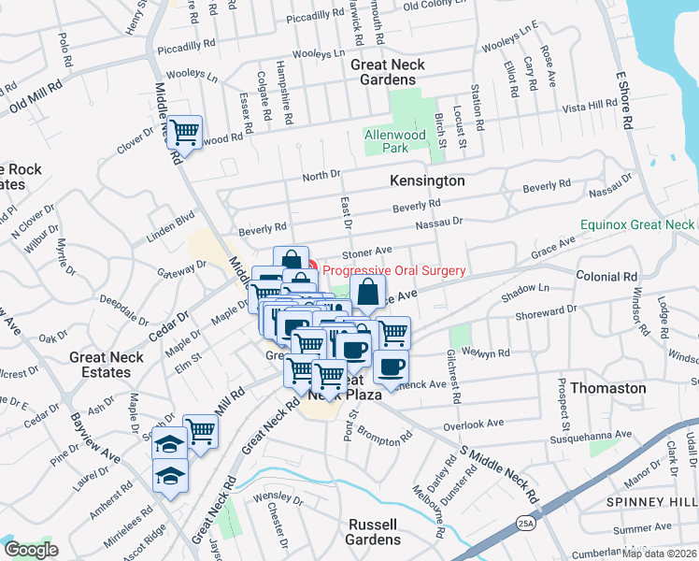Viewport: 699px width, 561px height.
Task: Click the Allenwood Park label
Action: [x=394, y=141]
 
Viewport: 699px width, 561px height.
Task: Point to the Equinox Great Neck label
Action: [x=637, y=225]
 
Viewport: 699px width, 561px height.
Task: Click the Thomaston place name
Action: [x=607, y=387]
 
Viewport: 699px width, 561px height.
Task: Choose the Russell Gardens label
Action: [x=374, y=532]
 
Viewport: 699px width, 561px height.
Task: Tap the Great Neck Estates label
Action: [x=106, y=365]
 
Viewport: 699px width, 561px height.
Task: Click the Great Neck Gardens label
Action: [x=387, y=72]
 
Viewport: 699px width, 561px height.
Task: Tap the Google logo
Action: [x=31, y=550]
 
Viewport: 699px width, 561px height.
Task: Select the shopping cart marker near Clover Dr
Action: [x=185, y=132]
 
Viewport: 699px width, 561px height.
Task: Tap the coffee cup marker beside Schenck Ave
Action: [x=391, y=366]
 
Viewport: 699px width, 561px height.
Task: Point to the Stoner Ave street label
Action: [x=366, y=252]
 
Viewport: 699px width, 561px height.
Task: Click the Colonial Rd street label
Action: [x=606, y=277]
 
